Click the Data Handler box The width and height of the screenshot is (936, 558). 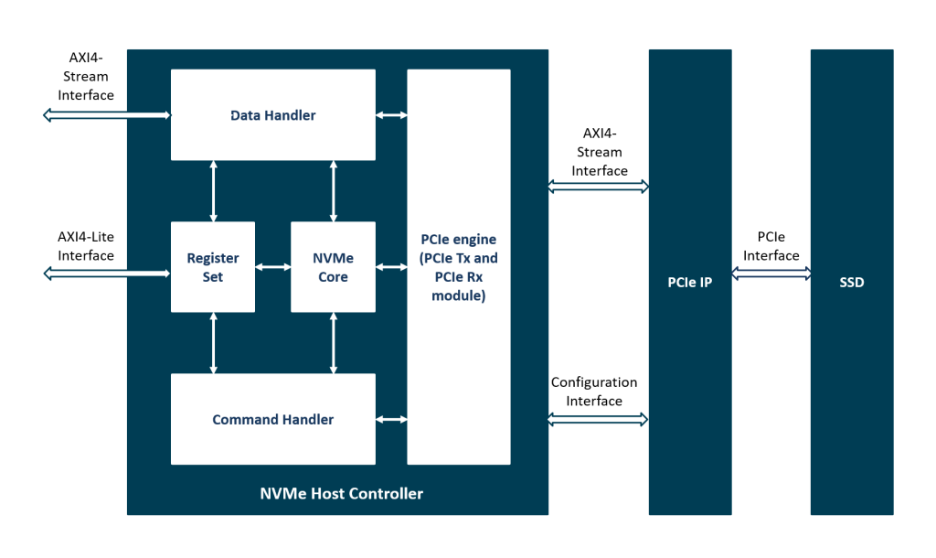(x=272, y=115)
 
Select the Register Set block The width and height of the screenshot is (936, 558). (x=213, y=267)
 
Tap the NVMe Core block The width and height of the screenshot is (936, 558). (x=333, y=267)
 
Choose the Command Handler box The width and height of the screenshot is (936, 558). (x=272, y=419)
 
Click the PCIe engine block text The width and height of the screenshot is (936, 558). (x=458, y=267)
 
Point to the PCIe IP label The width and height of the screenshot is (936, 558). (x=689, y=282)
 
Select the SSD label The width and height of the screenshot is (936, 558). (x=851, y=282)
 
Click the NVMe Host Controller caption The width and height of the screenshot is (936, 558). (x=341, y=493)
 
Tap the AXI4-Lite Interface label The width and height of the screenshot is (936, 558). (x=86, y=246)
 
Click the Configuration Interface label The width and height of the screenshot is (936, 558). (x=594, y=392)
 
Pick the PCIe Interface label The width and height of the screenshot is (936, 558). (x=771, y=247)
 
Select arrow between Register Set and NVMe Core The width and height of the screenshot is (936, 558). (x=272, y=267)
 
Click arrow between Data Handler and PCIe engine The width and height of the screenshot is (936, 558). (x=391, y=115)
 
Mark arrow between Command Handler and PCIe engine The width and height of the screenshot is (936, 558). (x=391, y=419)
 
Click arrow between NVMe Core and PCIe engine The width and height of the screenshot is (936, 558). (x=391, y=267)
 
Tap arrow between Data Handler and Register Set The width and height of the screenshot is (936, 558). (x=213, y=191)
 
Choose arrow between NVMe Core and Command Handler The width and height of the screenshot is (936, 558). (x=333, y=343)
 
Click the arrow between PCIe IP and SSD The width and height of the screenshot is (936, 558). (x=771, y=273)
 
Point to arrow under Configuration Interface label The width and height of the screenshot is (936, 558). (x=598, y=419)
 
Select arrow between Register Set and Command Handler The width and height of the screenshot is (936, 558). (x=213, y=343)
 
